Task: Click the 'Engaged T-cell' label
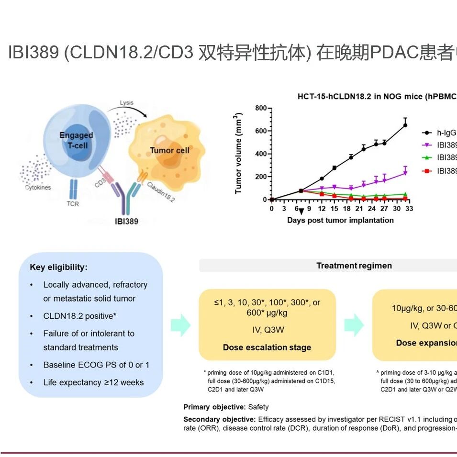tap(76, 140)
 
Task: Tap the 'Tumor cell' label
tap(169, 150)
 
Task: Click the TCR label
tap(73, 204)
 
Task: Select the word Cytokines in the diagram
tap(38, 188)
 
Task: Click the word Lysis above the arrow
tap(127, 103)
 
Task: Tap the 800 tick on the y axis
tap(260, 108)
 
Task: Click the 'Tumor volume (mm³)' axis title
tap(238, 153)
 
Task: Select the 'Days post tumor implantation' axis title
tap(340, 220)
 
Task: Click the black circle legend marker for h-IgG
tap(426, 133)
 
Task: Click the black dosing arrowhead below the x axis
tap(301, 212)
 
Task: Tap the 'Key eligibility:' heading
tap(58, 268)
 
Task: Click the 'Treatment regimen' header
tap(354, 266)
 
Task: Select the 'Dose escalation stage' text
tap(267, 347)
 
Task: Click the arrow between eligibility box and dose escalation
tap(180, 325)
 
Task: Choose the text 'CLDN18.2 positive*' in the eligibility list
tap(80, 316)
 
